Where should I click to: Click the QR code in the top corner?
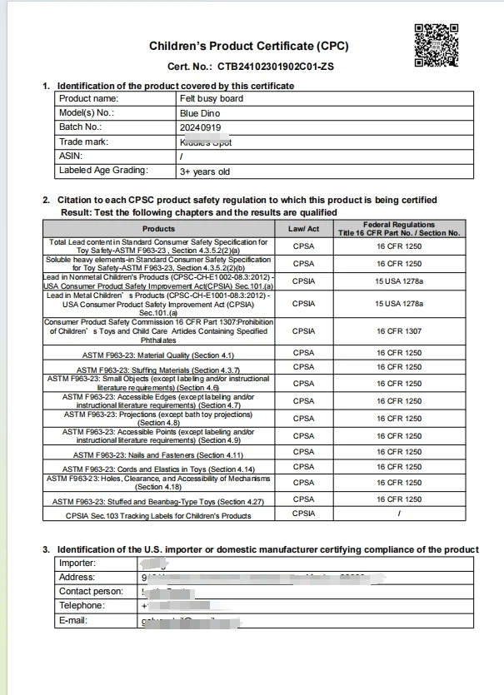click(437, 44)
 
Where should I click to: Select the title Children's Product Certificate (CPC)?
click(248, 46)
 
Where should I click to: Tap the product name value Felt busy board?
click(211, 98)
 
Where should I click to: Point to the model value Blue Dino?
click(199, 112)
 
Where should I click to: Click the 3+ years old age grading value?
click(204, 171)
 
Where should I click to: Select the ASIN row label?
click(71, 156)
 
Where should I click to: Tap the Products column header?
click(158, 228)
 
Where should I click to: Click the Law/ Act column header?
click(303, 228)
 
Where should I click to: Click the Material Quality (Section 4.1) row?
click(158, 355)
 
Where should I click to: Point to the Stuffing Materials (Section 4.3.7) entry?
click(158, 370)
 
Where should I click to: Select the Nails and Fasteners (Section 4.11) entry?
click(158, 454)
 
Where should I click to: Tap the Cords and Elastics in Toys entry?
click(158, 469)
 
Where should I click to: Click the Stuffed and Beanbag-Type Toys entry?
click(158, 501)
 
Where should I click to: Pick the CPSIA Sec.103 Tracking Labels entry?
click(158, 516)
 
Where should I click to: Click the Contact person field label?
click(91, 591)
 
